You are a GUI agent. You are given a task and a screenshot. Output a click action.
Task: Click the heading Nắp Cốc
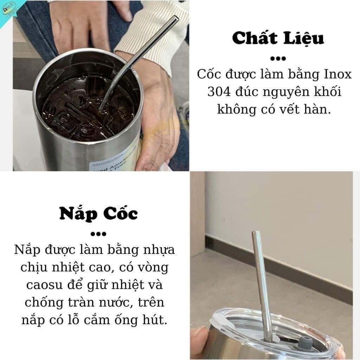point(98,213)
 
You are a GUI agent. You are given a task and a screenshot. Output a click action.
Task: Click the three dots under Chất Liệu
point(278,58)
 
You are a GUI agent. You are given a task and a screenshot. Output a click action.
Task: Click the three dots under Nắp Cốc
point(98,233)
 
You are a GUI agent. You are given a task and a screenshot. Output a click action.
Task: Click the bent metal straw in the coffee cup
point(141,56)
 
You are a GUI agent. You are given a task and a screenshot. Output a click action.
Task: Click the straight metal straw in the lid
point(260,281)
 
